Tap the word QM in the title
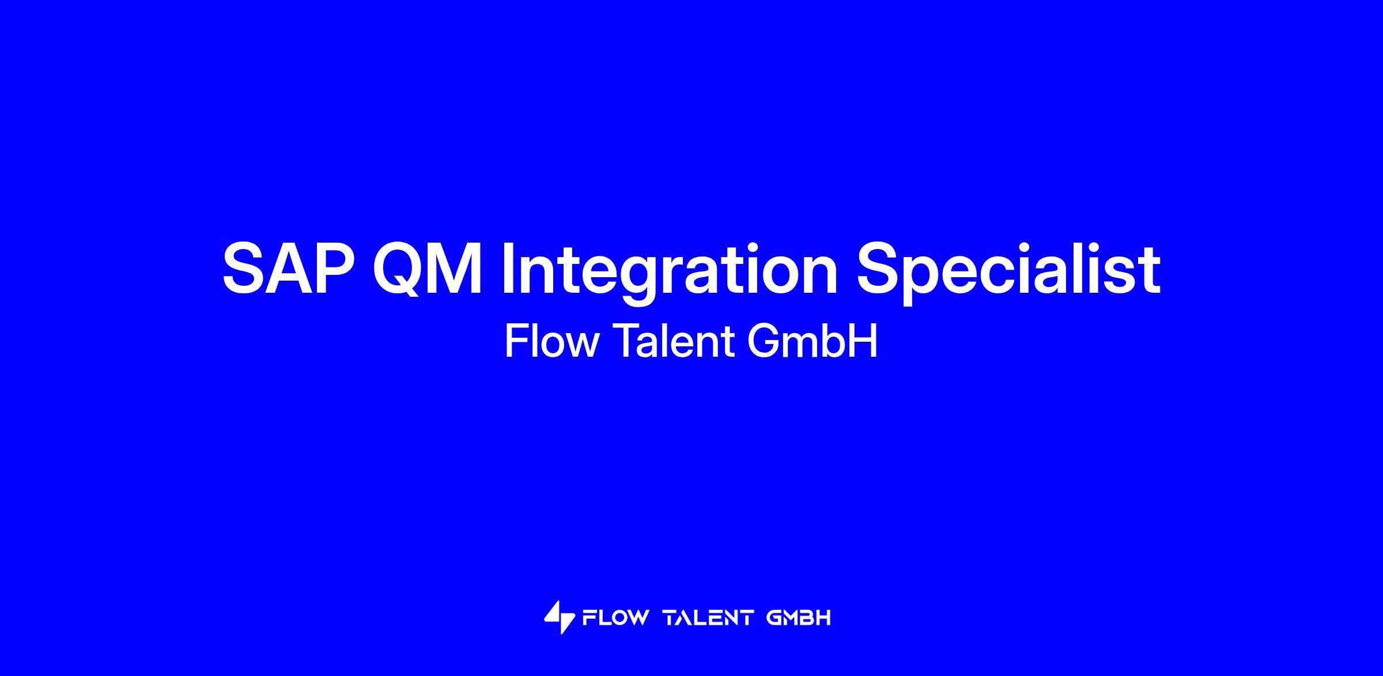pos(427,269)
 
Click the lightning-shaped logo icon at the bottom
pos(559,617)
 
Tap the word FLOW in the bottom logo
pos(615,618)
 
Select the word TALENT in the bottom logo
pos(709,618)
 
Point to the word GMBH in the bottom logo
pos(799,618)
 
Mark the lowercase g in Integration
pos(631,281)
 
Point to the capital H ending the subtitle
pos(864,341)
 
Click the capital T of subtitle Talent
pos(625,341)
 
